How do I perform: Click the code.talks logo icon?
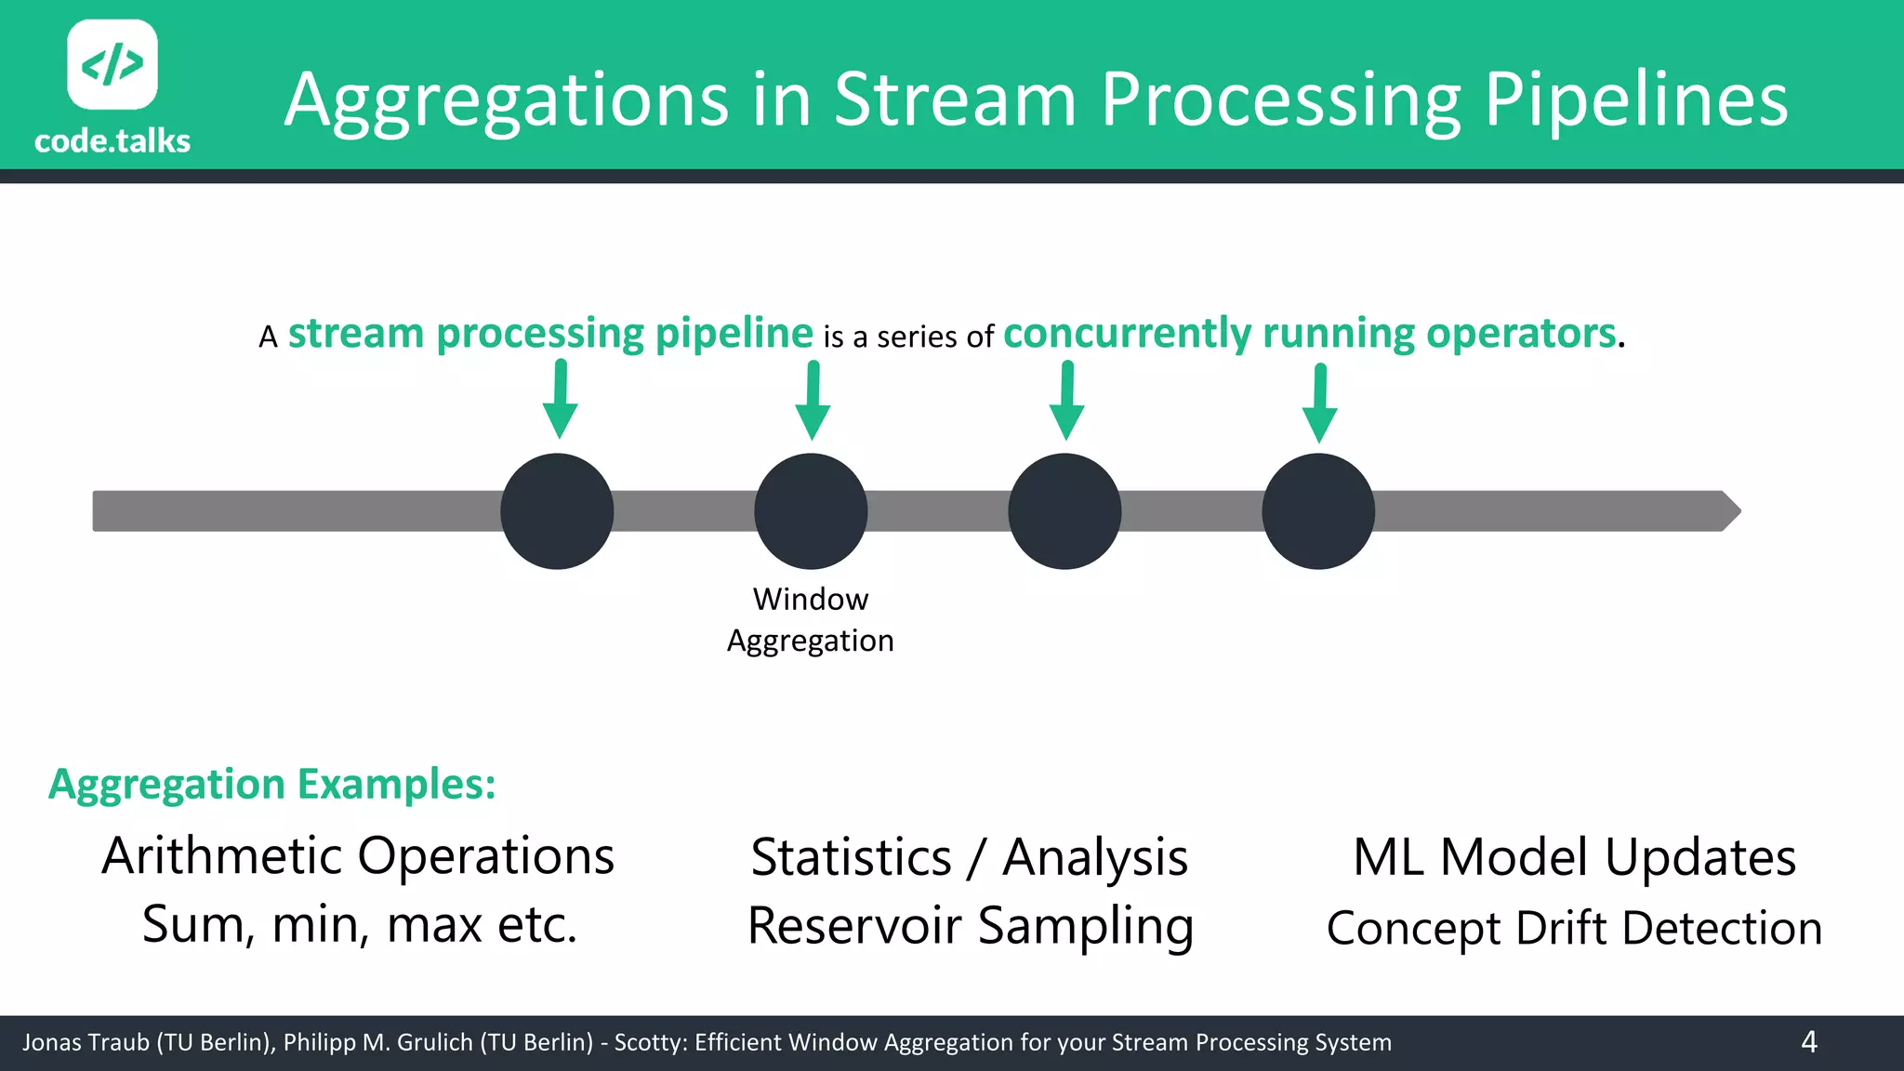pos(112,64)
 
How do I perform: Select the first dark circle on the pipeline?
pos(557,511)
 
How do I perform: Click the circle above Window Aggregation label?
pos(811,511)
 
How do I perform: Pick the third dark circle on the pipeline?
pos(1064,511)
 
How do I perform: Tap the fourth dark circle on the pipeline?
pos(1318,511)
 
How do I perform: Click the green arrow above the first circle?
pos(561,400)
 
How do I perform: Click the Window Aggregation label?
pos(811,620)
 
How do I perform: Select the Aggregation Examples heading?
pos(271,785)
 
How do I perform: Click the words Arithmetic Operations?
pos(358,856)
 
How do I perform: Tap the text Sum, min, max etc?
pos(360,925)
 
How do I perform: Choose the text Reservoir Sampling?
pos(970,927)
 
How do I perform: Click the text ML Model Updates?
pos(1574,857)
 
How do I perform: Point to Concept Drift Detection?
pos(1574,929)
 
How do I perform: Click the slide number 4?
pos(1808,1042)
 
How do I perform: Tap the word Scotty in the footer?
pos(649,1043)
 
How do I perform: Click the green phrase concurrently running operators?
pos(1310,334)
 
